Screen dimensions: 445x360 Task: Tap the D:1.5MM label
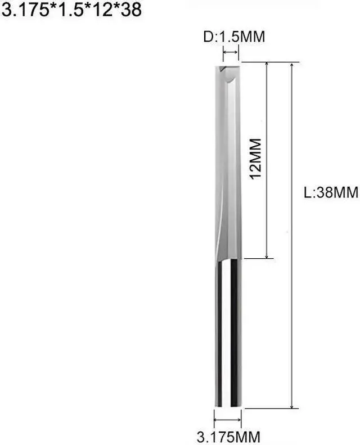point(233,38)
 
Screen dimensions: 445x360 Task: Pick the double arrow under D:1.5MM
point(231,54)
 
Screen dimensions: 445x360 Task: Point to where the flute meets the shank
point(228,258)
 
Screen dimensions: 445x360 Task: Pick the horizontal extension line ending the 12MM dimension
point(259,259)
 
